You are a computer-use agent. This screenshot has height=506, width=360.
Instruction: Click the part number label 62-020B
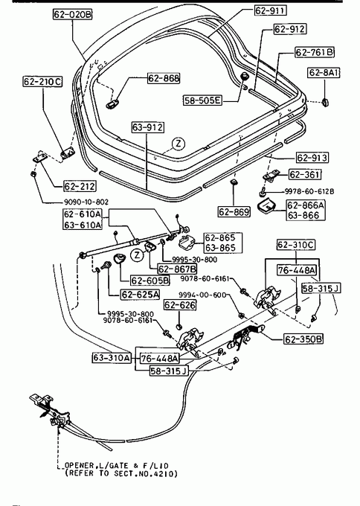tap(73, 14)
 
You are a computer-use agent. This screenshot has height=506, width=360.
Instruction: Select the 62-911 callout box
tap(270, 10)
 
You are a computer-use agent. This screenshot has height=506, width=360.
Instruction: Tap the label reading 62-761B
tap(315, 52)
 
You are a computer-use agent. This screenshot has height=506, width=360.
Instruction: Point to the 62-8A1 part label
tap(324, 72)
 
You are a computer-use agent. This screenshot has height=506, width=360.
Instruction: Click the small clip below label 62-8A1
tap(325, 103)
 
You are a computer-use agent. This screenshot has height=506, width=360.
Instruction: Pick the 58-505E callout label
tap(203, 100)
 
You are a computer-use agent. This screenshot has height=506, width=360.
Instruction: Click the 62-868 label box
tap(164, 78)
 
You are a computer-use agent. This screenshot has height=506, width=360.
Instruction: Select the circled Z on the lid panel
tap(179, 144)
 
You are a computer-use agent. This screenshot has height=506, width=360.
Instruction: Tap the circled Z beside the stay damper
tap(137, 255)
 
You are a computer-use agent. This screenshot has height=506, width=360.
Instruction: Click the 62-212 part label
tap(80, 186)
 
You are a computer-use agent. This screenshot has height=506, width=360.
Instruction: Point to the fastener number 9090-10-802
tap(86, 202)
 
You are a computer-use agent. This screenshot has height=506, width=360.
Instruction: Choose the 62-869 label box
tap(234, 211)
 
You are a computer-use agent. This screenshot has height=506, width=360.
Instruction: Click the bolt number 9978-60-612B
tap(309, 191)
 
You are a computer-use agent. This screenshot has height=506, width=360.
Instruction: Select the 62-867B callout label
tap(177, 269)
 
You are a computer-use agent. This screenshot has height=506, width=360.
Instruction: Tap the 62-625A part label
tap(141, 295)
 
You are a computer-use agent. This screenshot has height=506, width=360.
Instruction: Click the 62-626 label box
tap(180, 305)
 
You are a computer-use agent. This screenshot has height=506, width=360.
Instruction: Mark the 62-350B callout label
tap(303, 339)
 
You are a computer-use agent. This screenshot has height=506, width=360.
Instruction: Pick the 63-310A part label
tap(112, 358)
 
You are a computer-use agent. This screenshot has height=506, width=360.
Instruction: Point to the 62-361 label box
tap(305, 175)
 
